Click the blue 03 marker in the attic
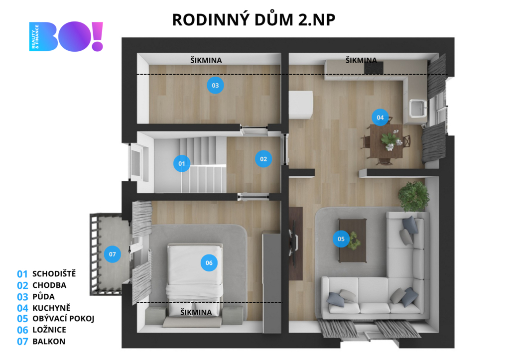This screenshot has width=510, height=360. (x=215, y=85)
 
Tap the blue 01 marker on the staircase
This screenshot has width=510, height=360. (x=182, y=164)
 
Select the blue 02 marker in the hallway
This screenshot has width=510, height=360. (x=263, y=159)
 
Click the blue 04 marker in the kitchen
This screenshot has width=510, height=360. (x=380, y=118)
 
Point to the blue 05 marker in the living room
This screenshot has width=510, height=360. (x=341, y=239)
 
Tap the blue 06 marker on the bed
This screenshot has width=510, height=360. (x=209, y=263)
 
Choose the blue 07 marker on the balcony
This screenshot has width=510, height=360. (x=113, y=254)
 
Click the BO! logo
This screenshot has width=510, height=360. (x=66, y=36)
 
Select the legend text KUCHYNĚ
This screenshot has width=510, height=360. (x=51, y=308)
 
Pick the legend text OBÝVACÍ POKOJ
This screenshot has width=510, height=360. (x=63, y=319)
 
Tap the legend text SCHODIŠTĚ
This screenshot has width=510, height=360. (x=54, y=273)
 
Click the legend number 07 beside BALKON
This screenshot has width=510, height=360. (x=22, y=342)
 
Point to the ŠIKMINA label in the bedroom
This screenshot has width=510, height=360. (x=196, y=312)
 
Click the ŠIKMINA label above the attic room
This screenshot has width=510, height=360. (x=206, y=60)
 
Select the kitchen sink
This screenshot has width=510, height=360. (x=417, y=108)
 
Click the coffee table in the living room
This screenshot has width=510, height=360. (x=353, y=240)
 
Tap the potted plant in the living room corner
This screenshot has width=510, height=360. (x=414, y=196)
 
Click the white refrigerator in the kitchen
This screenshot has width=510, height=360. (x=301, y=105)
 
